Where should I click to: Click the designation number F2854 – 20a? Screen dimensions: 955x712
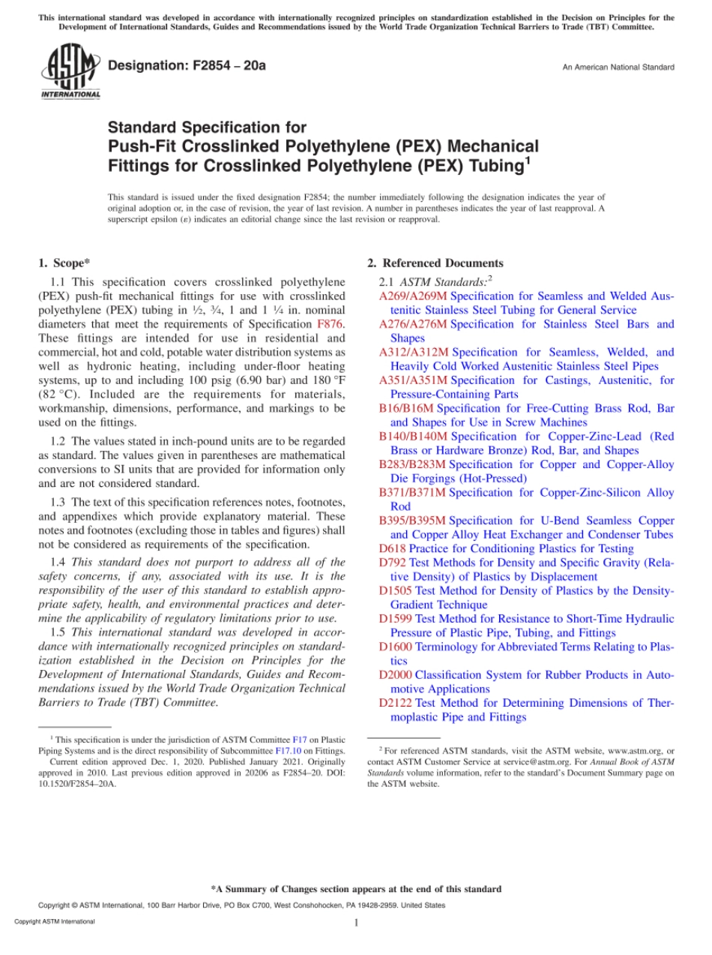point(187,66)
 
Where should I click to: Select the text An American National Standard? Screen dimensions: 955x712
point(618,68)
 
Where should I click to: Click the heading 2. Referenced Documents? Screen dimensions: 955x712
point(435,263)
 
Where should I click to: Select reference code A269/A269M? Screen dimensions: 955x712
point(413,296)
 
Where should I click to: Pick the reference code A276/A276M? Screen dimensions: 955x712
point(413,324)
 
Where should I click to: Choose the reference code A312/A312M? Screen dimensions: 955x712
point(414,352)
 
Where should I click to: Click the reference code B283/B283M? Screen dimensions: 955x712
point(412,464)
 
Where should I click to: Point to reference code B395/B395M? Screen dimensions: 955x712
point(412,521)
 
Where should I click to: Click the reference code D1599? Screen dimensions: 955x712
point(395,619)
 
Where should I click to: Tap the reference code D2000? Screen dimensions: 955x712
point(395,675)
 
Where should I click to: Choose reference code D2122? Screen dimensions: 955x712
point(395,703)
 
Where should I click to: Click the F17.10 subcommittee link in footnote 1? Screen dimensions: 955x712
point(289,750)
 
